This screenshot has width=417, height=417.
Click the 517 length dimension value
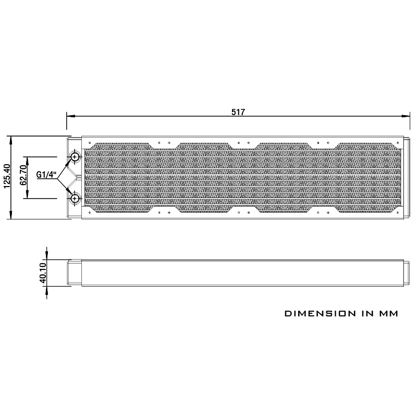[238, 112]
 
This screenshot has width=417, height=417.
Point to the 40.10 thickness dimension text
[43, 273]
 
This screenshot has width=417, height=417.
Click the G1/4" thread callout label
[46, 175]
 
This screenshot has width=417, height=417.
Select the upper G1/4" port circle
[76, 157]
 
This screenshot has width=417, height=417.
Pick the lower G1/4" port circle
[76, 198]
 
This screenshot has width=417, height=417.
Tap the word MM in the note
[388, 314]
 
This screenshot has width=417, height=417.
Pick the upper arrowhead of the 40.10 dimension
[47, 251]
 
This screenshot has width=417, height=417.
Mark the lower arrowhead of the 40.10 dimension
[47, 294]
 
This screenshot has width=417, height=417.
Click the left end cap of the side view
[73, 273]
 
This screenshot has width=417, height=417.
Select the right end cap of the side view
[403, 273]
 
